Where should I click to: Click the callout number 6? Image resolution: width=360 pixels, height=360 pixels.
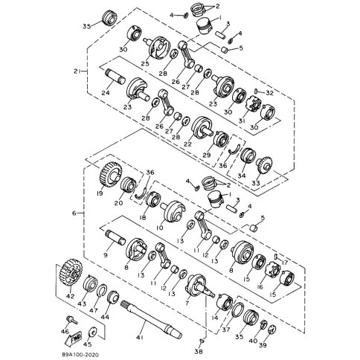pyautogui.click(x=73, y=213)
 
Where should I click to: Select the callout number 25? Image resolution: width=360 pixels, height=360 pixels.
pyautogui.click(x=155, y=64)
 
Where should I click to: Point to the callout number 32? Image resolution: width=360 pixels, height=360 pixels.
pyautogui.click(x=270, y=93)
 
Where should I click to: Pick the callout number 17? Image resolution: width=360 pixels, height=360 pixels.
pyautogui.click(x=283, y=260)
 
